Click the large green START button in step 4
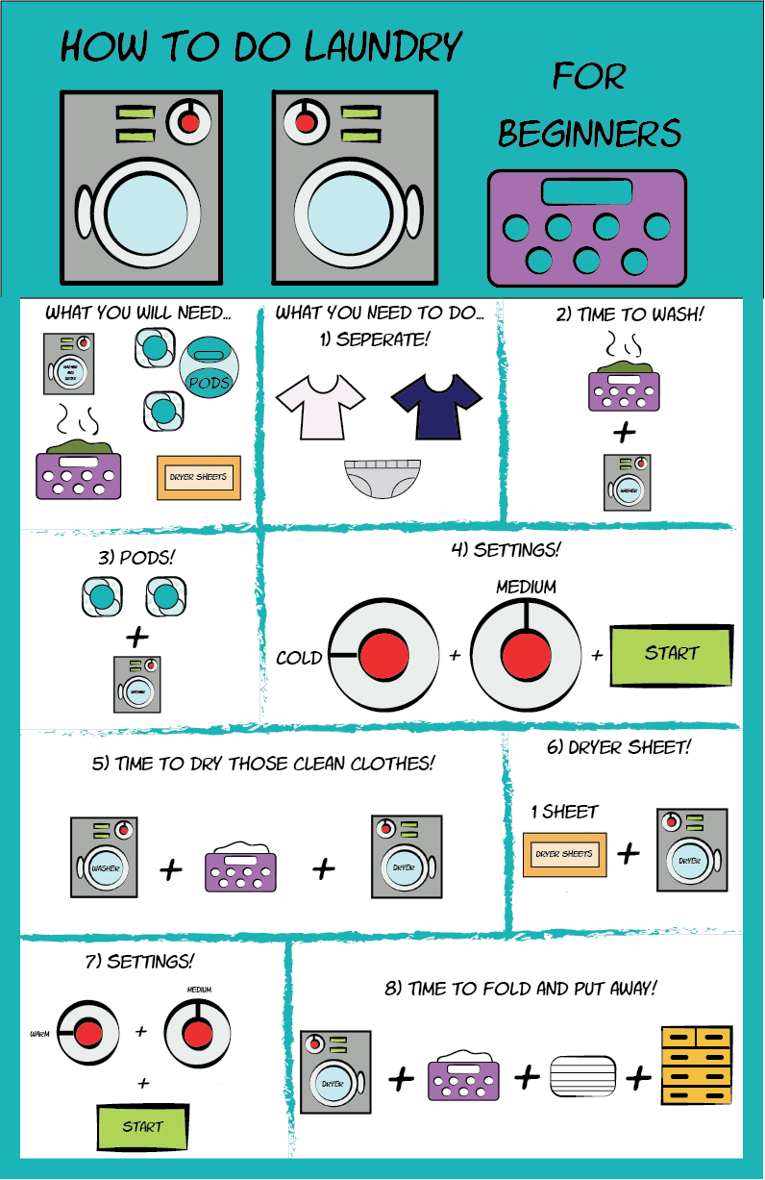671,654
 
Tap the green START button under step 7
142,1126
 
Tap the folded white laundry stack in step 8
582,1076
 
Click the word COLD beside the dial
299,659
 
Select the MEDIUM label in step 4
526,586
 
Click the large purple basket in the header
587,229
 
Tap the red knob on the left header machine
188,122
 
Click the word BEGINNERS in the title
590,133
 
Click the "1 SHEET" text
564,812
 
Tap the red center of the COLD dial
383,659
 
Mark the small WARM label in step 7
39,1035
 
